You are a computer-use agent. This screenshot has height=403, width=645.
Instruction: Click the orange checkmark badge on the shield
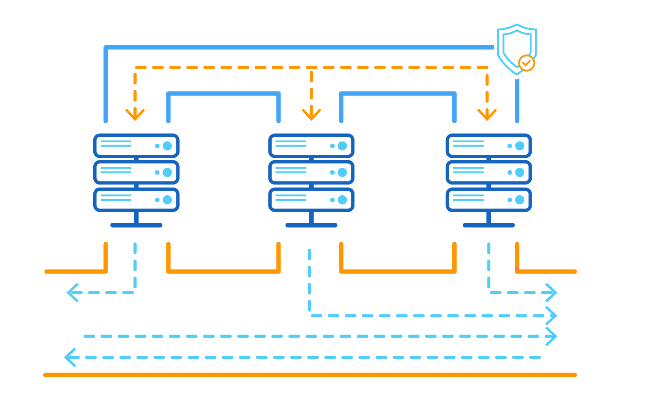(527, 63)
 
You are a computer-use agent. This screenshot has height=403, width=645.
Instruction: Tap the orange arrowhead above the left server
(135, 114)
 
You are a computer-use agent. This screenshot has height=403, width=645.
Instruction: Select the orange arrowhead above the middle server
(311, 114)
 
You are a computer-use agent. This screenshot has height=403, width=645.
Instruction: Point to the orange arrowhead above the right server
(487, 114)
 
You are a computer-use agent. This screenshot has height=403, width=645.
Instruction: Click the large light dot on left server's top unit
(167, 146)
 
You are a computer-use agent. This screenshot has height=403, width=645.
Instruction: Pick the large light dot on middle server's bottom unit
(342, 200)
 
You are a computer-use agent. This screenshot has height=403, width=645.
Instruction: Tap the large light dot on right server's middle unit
(520, 172)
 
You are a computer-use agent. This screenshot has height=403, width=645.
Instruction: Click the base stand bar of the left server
(136, 225)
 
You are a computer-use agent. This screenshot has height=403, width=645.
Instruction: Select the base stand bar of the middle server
(311, 225)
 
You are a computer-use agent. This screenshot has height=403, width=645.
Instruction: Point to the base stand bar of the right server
(489, 225)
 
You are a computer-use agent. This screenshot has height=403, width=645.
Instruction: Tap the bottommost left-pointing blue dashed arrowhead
(70, 357)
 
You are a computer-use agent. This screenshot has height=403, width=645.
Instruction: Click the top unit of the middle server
(311, 146)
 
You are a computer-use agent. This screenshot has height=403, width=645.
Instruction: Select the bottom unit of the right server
(489, 200)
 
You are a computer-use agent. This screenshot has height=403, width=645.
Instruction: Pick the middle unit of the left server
(136, 172)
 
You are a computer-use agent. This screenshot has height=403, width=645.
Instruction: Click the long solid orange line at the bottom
(310, 375)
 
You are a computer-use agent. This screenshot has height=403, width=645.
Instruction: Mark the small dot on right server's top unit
(510, 146)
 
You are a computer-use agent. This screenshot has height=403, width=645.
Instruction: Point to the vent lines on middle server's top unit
(291, 144)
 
